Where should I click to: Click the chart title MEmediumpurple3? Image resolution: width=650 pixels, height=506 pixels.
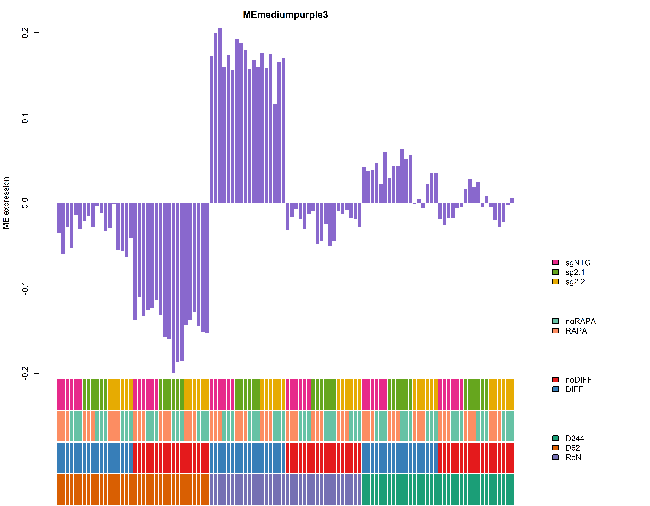(285, 15)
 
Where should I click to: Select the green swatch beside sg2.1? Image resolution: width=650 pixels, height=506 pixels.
(555, 272)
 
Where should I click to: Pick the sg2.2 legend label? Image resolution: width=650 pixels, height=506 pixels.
(575, 282)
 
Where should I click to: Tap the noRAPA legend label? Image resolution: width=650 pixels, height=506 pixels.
(580, 321)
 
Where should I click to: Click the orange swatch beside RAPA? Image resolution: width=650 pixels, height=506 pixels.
(555, 331)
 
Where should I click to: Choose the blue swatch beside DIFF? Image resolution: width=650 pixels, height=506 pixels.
(555, 389)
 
